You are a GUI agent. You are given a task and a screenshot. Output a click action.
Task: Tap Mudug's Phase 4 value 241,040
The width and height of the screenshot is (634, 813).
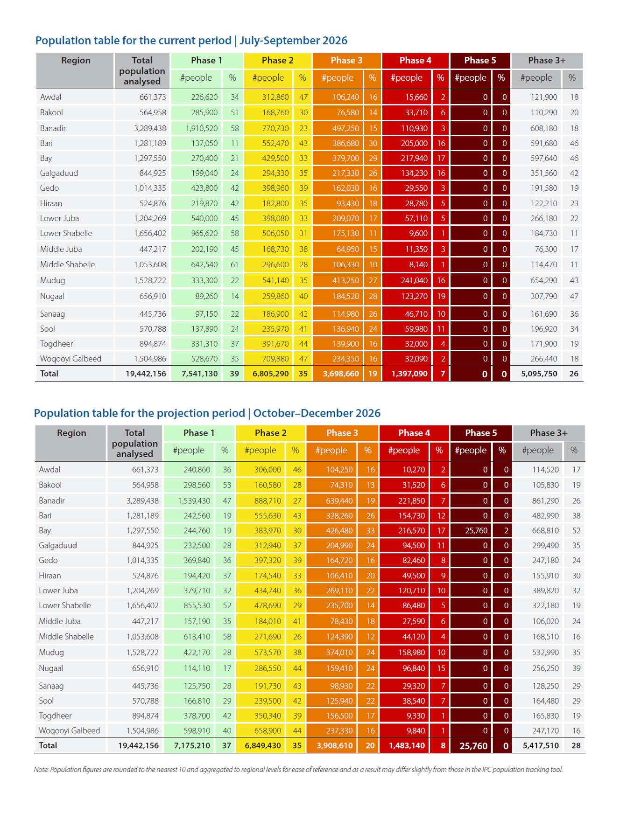[x=414, y=280]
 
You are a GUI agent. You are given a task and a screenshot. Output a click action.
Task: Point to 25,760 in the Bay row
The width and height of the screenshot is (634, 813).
[x=476, y=530]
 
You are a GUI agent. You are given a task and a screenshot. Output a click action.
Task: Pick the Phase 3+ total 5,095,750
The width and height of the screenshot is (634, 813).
[x=539, y=374]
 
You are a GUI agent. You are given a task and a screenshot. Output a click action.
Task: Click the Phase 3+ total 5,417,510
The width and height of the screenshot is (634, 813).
[x=541, y=745]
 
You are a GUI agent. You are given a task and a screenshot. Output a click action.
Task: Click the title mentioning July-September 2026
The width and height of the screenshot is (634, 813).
[x=191, y=41]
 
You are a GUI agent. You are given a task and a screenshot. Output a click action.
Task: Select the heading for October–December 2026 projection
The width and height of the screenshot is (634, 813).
[x=207, y=413]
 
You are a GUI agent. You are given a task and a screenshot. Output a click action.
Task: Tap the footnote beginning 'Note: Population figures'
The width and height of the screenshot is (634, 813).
[x=298, y=770]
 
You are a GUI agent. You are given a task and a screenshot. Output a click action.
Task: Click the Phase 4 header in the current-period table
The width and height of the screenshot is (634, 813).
[x=416, y=60]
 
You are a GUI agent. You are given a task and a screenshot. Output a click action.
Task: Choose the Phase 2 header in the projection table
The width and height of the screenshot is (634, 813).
[x=271, y=433]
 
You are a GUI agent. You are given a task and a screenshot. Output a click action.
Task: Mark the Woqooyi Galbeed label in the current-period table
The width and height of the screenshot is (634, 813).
[x=70, y=359]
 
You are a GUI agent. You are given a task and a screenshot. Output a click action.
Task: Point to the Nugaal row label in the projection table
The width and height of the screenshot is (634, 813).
[x=51, y=668]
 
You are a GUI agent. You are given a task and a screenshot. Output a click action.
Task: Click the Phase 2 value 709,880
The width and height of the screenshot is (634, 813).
[x=275, y=359]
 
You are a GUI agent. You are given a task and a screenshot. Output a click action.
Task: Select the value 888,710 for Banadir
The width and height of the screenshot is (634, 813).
[x=268, y=501]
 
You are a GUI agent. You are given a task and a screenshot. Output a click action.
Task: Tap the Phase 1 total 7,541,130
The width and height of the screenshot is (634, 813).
[x=200, y=374]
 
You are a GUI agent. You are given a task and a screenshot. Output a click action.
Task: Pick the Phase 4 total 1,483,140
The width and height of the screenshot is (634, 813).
[x=407, y=745]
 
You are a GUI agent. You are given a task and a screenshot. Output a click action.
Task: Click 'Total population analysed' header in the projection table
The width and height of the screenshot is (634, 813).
[x=135, y=443]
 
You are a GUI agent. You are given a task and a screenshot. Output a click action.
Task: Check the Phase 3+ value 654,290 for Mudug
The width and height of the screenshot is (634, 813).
[x=544, y=280]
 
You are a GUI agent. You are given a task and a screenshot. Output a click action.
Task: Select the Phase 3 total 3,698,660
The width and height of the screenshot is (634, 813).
[x=341, y=374]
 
